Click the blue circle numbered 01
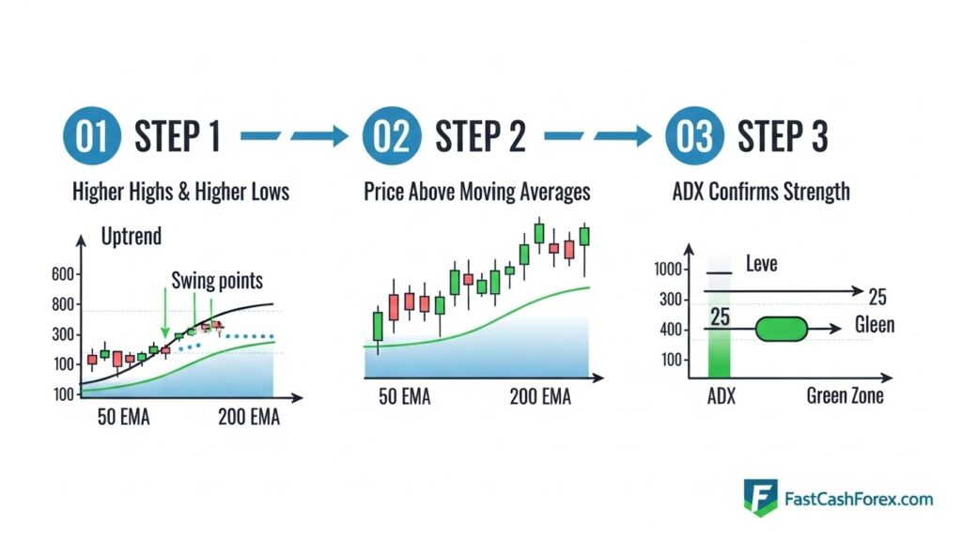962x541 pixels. click(x=92, y=136)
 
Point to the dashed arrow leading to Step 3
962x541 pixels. click(x=597, y=137)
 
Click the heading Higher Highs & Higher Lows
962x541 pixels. click(x=180, y=192)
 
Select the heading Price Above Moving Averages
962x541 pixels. click(x=477, y=192)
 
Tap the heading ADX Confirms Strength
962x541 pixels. click(x=761, y=192)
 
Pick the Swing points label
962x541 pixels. click(x=217, y=279)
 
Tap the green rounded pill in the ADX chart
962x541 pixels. click(x=781, y=328)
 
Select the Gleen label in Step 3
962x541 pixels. click(x=875, y=327)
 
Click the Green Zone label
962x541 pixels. click(x=845, y=395)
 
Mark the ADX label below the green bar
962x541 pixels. click(x=721, y=395)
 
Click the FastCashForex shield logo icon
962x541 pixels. click(x=760, y=498)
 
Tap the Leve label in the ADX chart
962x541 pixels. click(x=762, y=265)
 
